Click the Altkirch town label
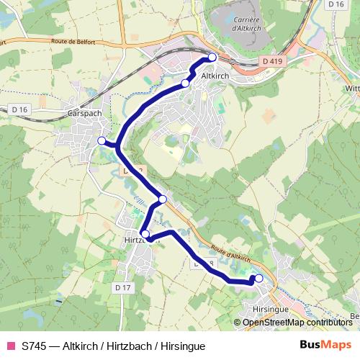coord(216,75)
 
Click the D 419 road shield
coord(272,62)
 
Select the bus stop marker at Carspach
coord(102,140)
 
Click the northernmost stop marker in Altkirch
coord(212,57)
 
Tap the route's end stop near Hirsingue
coord(258,279)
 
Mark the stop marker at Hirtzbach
coord(145,234)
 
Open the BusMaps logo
coord(325,346)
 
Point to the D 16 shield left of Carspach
coord(20,109)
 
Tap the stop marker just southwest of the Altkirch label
coord(185,84)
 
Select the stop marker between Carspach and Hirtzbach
coord(162,199)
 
